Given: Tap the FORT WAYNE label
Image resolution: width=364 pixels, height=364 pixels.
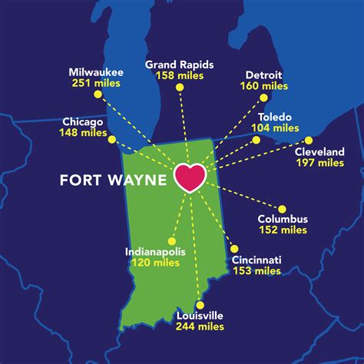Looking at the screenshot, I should [114, 180].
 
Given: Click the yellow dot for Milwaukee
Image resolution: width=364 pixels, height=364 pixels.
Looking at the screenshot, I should [98, 94].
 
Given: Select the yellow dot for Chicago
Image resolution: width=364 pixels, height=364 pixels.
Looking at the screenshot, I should [112, 139].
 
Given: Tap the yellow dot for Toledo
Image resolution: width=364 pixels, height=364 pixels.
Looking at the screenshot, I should [256, 140].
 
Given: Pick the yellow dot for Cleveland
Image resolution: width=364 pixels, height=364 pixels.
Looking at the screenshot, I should [309, 140].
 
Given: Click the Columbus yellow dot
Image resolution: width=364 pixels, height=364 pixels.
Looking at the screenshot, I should [282, 208].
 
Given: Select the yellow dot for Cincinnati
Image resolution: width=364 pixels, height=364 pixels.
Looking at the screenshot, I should [233, 249].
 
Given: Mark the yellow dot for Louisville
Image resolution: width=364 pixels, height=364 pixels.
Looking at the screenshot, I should [198, 305].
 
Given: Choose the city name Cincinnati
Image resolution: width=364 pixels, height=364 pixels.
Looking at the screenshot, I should [256, 260].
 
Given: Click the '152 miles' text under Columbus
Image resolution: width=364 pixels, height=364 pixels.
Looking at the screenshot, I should [283, 230].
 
